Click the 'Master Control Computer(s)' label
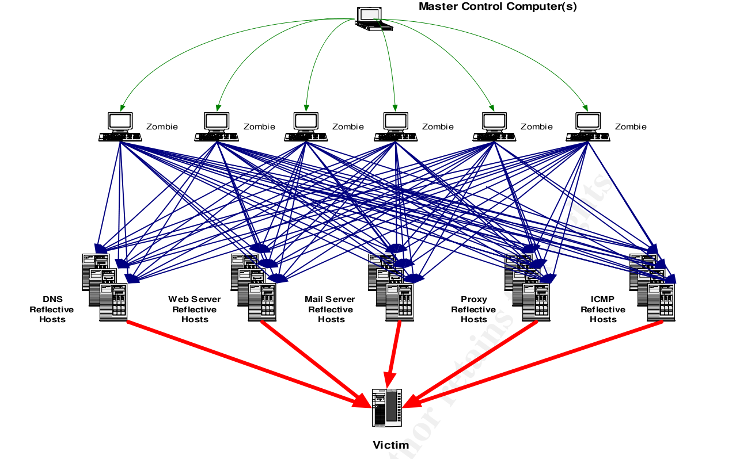pyautogui.click(x=498, y=7)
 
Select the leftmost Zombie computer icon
pyautogui.click(x=120, y=127)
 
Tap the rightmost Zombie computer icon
pyautogui.click(x=587, y=127)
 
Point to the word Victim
pyautogui.click(x=390, y=445)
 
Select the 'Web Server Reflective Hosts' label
pyautogui.click(x=195, y=309)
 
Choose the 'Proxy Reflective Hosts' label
pyautogui.click(x=473, y=309)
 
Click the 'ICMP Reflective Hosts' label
pyautogui.click(x=602, y=309)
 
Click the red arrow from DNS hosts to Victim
pyautogui.click(x=248, y=362)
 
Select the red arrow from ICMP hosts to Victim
pyautogui.click(x=536, y=362)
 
